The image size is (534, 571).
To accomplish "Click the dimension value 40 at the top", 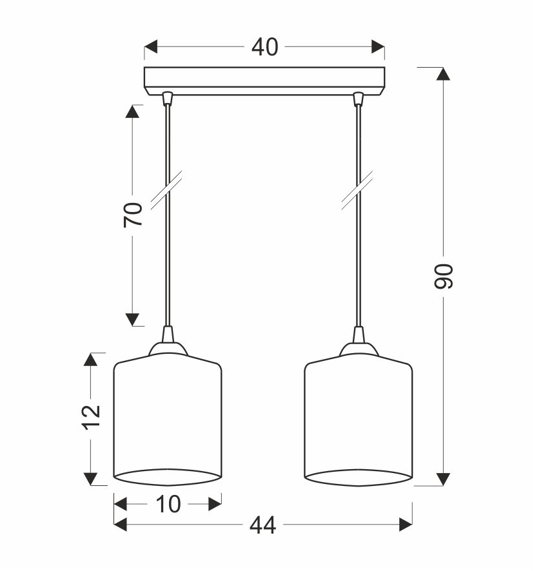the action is pos(264,47).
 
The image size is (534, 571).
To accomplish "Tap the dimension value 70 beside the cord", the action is pos(133,215).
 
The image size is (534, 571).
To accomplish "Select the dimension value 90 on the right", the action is pos(443,276).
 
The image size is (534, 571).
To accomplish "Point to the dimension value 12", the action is pos(90,417).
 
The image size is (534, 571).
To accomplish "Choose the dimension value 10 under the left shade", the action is pos(168,505).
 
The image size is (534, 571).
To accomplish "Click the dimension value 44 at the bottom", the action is pos(263,525).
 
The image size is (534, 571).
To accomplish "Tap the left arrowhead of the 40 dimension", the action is pos(150,46).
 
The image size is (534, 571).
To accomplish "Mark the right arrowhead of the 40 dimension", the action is pos(378,46).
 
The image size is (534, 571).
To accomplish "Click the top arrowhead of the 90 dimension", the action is pos(443,73).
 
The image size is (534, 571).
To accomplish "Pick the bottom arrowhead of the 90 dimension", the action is pos(443,479).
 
